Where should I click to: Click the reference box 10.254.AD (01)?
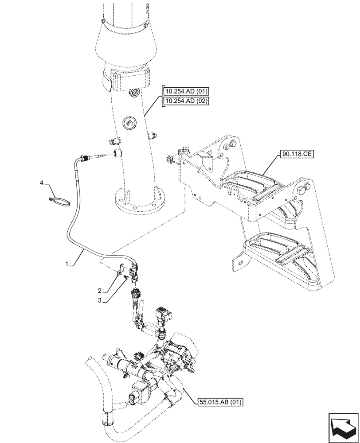(186, 92)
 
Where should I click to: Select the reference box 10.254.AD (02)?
(186, 101)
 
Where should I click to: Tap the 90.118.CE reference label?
(297, 155)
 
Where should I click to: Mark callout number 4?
(42, 182)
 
